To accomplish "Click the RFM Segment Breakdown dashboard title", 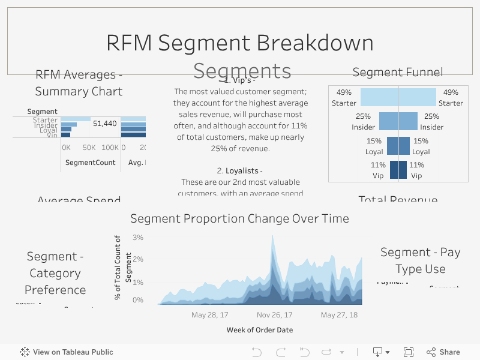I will [240, 43].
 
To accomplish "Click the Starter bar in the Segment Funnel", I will [398, 97].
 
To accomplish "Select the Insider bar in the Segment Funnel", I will [398, 121].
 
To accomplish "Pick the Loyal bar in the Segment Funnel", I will [398, 146].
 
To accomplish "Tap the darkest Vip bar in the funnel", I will [398, 170].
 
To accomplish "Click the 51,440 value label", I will [104, 124].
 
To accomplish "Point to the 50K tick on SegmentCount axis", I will [89, 148].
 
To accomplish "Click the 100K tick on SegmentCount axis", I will [109, 148].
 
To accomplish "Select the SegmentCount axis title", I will [90, 163].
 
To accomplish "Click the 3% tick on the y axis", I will [138, 238].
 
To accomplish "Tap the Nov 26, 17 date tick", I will [274, 315].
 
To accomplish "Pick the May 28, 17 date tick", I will [209, 315].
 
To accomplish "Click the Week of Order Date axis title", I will [260, 330].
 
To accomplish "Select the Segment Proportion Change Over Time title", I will [239, 218].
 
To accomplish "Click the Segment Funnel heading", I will [398, 73].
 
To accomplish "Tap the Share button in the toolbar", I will [443, 352].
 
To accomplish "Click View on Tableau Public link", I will [67, 352].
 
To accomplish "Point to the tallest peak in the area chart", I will [272, 236].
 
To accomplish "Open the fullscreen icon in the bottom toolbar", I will [409, 352].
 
